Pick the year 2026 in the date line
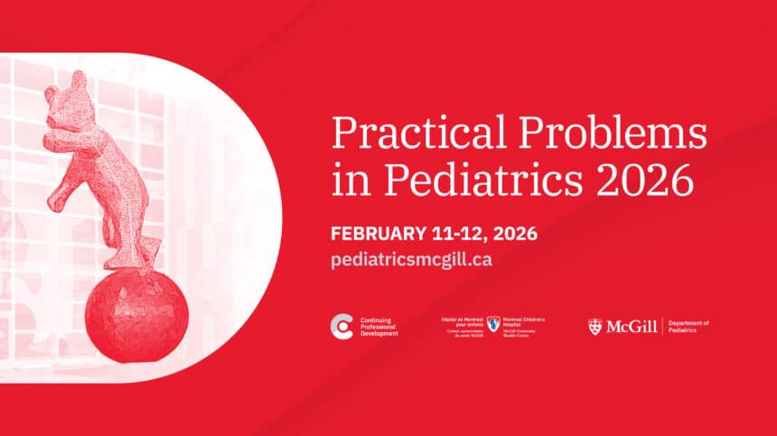coord(515,234)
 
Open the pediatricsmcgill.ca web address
coord(411,258)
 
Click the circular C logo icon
coord(342,326)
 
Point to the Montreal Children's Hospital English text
coord(525,326)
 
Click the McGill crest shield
coord(594,326)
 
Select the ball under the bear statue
coord(136,315)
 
